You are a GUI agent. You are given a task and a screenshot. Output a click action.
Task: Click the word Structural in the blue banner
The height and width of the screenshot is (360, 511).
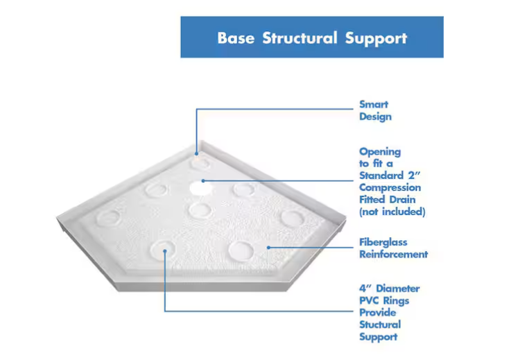click(x=300, y=38)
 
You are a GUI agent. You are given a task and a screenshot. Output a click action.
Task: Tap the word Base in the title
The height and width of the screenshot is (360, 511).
click(x=236, y=38)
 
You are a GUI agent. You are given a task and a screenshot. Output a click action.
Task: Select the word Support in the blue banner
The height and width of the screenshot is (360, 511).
click(x=376, y=39)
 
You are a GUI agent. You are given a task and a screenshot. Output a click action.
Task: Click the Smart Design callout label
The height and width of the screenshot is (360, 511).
click(x=375, y=110)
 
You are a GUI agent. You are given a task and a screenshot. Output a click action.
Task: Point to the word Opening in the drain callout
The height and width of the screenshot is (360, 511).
click(x=380, y=152)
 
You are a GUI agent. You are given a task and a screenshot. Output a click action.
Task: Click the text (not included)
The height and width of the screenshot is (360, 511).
click(x=392, y=212)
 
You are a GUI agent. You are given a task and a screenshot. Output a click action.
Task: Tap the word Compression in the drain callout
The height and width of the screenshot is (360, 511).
click(x=390, y=188)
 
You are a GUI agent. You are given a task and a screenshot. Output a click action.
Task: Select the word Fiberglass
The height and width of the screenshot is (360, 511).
click(x=383, y=242)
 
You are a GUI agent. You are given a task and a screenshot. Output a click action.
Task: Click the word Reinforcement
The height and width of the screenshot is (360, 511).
click(x=394, y=255)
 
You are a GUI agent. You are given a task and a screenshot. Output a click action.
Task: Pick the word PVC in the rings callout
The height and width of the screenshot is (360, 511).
click(x=368, y=300)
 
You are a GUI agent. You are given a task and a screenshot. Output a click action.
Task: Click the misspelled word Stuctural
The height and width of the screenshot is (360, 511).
click(x=380, y=325)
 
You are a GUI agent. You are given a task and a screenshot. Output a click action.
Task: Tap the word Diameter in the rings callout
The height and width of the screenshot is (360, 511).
click(x=398, y=289)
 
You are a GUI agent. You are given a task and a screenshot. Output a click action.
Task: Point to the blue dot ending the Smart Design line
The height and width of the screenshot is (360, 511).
click(x=196, y=153)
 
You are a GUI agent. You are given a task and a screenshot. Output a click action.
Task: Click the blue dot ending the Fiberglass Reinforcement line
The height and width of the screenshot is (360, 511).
click(x=268, y=248)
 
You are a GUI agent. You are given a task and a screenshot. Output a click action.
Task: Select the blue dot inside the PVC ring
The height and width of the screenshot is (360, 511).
click(x=165, y=251)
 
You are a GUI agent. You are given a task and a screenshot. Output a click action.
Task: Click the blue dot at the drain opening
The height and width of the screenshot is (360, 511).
click(x=203, y=180)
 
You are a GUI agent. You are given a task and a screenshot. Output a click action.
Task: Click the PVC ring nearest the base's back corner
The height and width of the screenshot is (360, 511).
click(x=191, y=163)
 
